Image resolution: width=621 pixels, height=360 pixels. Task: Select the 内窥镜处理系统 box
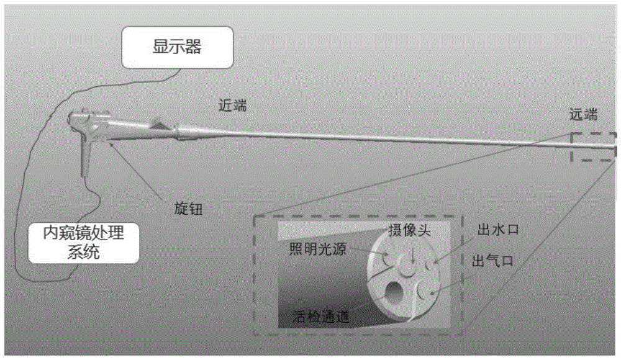83,243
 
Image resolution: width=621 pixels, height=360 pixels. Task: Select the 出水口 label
496,231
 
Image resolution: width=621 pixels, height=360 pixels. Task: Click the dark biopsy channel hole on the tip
395,294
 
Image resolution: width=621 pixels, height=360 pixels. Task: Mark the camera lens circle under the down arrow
408,267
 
